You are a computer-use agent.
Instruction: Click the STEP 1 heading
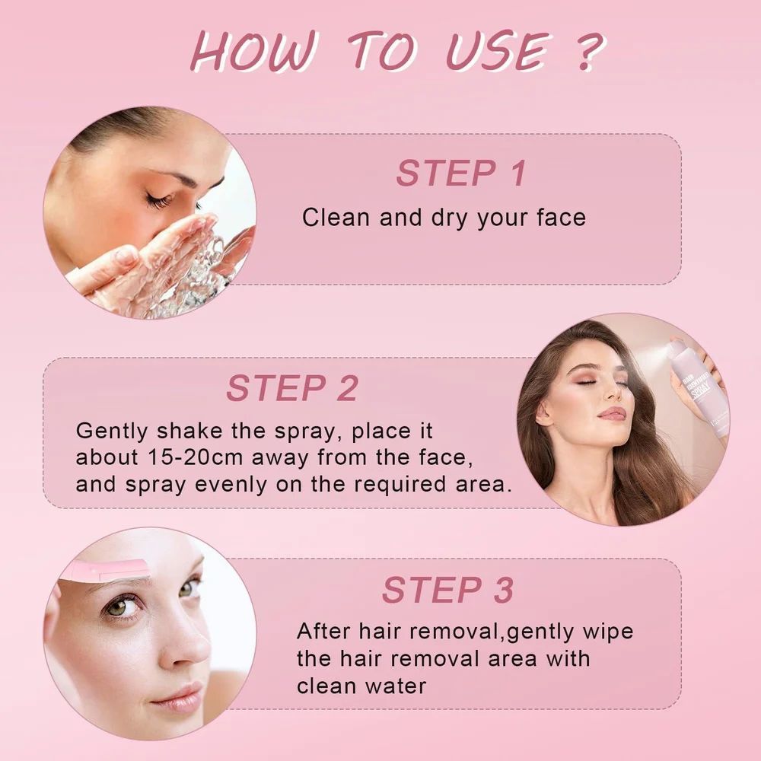(x=460, y=174)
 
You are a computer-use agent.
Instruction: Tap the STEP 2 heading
(x=292, y=388)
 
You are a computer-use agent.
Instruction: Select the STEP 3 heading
(x=447, y=591)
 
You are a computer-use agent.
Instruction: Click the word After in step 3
(x=323, y=632)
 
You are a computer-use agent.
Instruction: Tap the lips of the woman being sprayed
(x=613, y=414)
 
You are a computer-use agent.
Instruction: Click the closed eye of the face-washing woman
(x=159, y=199)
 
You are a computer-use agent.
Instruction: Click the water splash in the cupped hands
(x=199, y=272)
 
